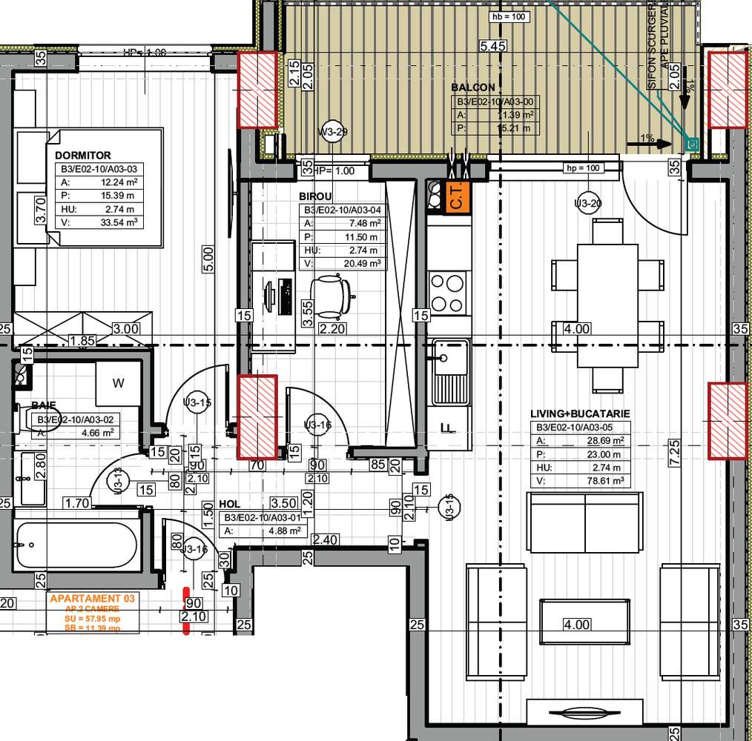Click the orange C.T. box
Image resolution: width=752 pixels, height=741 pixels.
click(x=458, y=198)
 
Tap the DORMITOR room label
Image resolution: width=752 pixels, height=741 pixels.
click(x=83, y=156)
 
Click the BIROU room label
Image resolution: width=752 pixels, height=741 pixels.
click(x=315, y=196)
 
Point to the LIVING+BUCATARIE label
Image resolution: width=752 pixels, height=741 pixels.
click(x=580, y=413)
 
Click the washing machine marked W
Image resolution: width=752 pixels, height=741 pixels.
click(x=118, y=383)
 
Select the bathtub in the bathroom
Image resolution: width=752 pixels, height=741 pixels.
click(x=76, y=545)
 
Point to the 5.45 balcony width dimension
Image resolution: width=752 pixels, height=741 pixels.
click(x=493, y=46)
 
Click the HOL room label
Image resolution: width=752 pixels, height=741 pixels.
click(x=229, y=504)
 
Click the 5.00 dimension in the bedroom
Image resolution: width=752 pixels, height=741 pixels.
click(x=208, y=258)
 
